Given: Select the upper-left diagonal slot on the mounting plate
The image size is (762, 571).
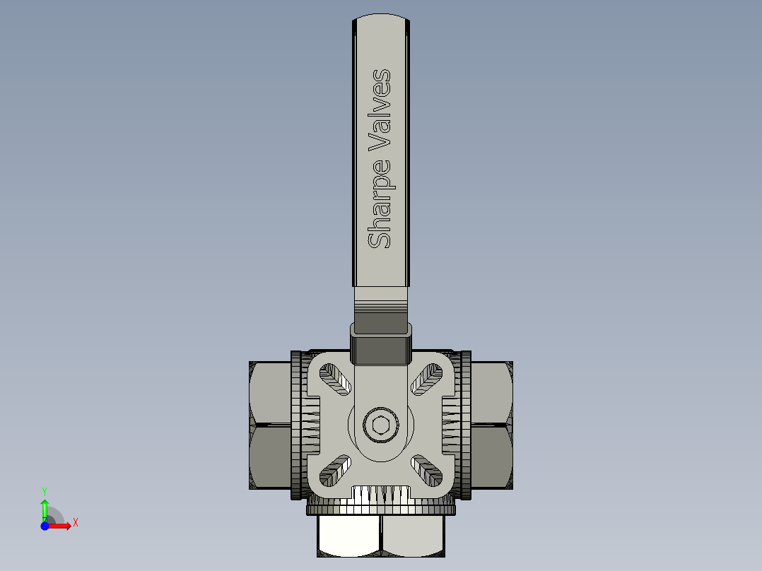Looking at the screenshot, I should point(336,379).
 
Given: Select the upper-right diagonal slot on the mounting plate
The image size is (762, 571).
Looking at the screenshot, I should point(427,379).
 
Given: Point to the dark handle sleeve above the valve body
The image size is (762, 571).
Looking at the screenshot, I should point(381,343).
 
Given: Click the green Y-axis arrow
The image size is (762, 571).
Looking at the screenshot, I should point(45,507).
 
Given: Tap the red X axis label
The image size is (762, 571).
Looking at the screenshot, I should point(75,523).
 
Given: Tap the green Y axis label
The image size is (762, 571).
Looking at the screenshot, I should point(45,490).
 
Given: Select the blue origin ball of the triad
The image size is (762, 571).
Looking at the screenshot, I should point(45,526).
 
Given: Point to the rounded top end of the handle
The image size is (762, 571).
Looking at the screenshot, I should point(381,21).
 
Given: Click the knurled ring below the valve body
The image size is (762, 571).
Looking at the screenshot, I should point(381,507).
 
